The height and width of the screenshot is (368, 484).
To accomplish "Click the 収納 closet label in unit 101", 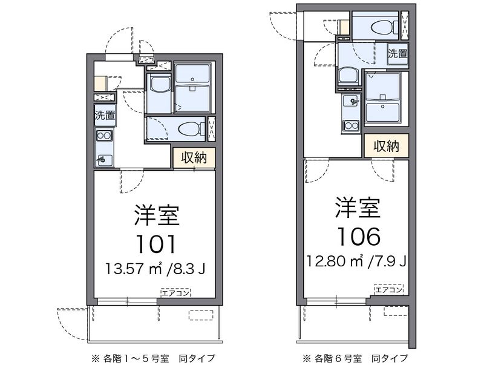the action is tap(194, 158).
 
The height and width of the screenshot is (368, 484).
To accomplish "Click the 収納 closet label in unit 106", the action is tap(386, 146).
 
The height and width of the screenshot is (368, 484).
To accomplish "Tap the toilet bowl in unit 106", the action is tap(382, 27).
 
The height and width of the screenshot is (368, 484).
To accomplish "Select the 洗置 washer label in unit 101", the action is tap(105, 116).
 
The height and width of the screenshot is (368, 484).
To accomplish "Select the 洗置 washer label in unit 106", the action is tap(398, 53).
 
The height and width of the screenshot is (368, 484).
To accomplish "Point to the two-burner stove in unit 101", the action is tap(105, 136).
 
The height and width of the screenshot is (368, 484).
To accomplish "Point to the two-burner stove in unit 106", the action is tap(351, 126).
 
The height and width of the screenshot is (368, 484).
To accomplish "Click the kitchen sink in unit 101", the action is tap(103, 160).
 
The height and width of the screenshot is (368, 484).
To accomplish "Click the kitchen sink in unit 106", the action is tap(351, 100).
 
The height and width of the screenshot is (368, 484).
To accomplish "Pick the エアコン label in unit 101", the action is tap(175, 293).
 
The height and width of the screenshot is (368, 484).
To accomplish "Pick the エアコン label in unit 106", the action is tap(388, 289).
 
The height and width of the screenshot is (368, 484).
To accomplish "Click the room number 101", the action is tap(156, 244).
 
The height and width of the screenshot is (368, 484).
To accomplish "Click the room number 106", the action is tap(359, 236).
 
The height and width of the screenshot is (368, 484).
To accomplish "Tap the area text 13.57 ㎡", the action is tap(134, 269).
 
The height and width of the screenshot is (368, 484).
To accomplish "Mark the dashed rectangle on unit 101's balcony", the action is tap(201, 315).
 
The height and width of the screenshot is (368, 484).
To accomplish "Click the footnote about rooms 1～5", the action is tap(153, 358).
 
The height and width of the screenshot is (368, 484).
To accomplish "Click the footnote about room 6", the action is tap(355, 358).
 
